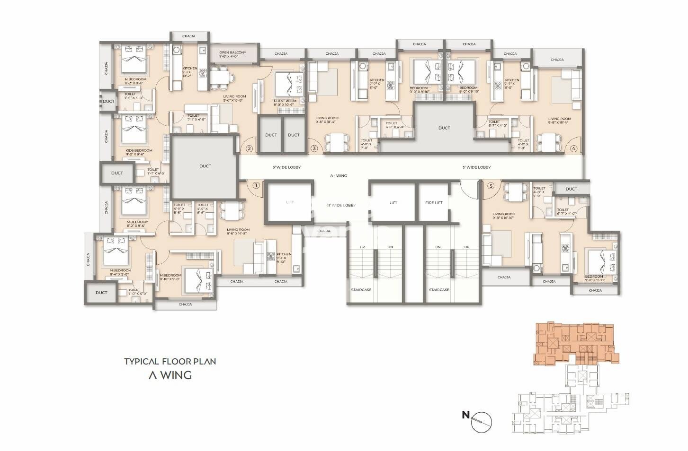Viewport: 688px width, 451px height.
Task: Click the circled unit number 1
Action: tap(256, 185)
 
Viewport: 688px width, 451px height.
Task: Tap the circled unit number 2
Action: tap(249, 148)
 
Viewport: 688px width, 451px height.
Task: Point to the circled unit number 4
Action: tap(574, 148)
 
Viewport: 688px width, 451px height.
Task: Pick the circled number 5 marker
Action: tap(491, 186)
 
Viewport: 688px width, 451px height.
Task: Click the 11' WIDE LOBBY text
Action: tap(341, 205)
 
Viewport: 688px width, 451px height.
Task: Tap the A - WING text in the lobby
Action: tap(338, 175)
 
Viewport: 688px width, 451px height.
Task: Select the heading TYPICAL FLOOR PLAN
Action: tap(170, 362)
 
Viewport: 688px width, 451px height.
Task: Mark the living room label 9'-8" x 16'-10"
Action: tap(503, 216)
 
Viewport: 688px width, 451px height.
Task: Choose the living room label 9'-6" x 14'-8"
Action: tap(238, 232)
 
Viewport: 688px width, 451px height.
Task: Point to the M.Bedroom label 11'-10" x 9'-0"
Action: tap(170, 277)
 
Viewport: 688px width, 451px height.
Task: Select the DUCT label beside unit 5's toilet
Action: tap(571, 189)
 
